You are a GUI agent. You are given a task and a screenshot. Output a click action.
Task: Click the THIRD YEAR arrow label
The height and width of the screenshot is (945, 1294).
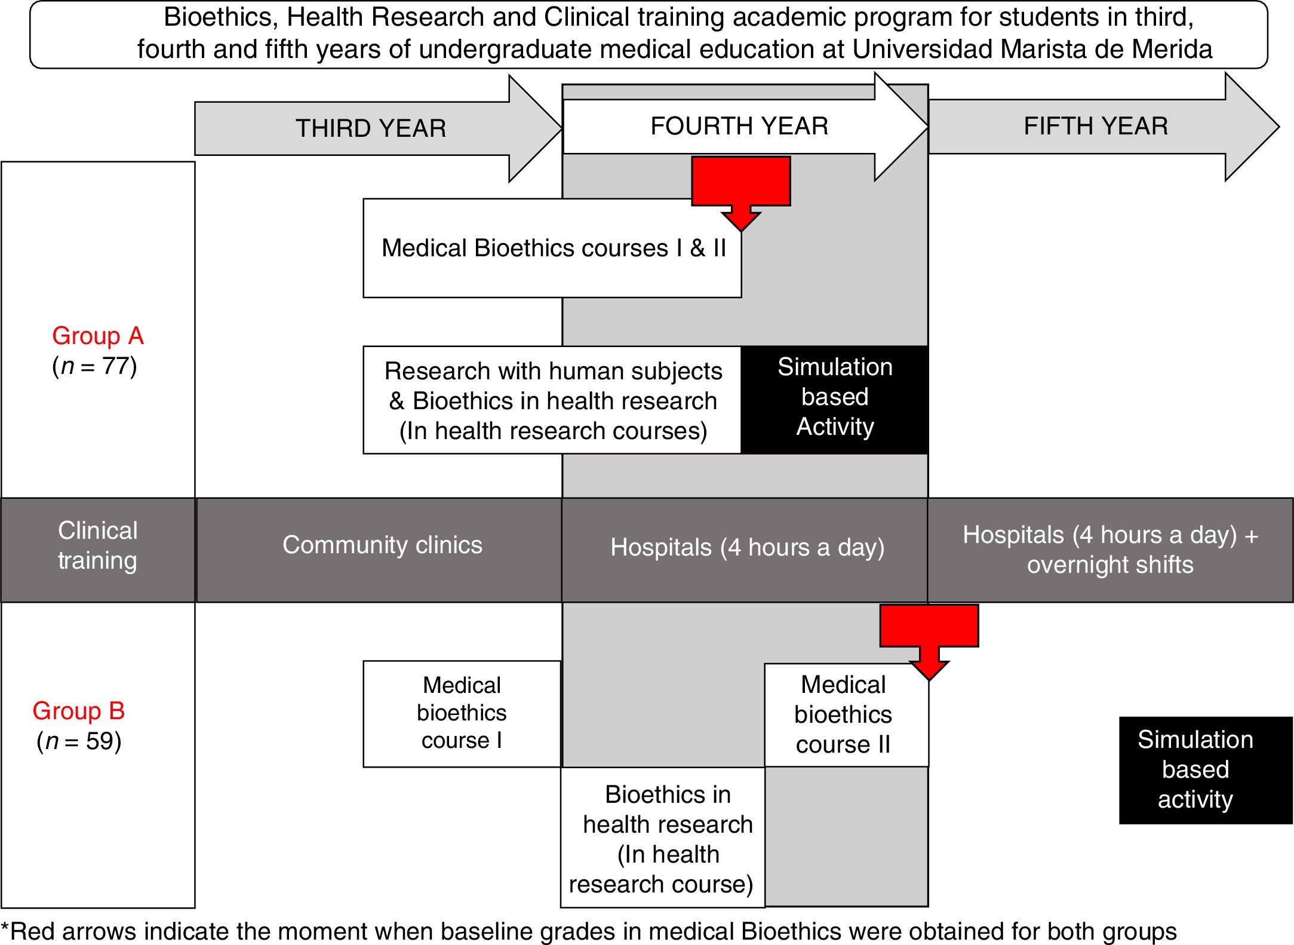(x=371, y=128)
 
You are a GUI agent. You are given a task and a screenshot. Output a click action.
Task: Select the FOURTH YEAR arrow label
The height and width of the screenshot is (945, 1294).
(x=739, y=126)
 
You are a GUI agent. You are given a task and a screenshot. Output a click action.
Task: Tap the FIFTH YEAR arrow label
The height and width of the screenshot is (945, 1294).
(x=1096, y=126)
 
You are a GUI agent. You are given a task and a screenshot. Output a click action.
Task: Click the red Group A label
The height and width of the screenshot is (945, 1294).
(x=98, y=336)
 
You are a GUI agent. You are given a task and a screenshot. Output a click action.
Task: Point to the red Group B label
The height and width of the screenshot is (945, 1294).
(x=79, y=711)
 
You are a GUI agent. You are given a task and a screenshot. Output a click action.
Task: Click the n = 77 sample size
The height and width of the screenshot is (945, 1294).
(x=95, y=366)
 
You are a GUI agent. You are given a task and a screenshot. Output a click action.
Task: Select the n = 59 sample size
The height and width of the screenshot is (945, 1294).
(x=79, y=741)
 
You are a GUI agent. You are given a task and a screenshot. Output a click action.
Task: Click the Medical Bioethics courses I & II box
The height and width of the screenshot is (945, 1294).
(x=552, y=248)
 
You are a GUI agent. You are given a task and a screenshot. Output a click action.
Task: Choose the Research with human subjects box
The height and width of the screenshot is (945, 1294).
(x=552, y=400)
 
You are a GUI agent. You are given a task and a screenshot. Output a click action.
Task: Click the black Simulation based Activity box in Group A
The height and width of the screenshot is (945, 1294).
(x=835, y=400)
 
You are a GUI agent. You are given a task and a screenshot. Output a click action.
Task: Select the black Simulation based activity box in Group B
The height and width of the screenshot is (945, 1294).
(x=1206, y=770)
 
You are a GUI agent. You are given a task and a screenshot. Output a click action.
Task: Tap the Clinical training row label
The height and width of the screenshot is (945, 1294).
(x=98, y=550)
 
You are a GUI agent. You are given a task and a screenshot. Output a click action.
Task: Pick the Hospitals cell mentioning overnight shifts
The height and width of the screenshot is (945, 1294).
(x=1111, y=550)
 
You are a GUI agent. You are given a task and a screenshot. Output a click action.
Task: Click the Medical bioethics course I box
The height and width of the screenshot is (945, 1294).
(x=462, y=714)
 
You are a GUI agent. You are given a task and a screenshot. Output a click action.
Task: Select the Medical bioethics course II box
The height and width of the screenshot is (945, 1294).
(x=846, y=715)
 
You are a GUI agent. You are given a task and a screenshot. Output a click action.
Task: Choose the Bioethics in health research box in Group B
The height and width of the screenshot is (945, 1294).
(x=663, y=837)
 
